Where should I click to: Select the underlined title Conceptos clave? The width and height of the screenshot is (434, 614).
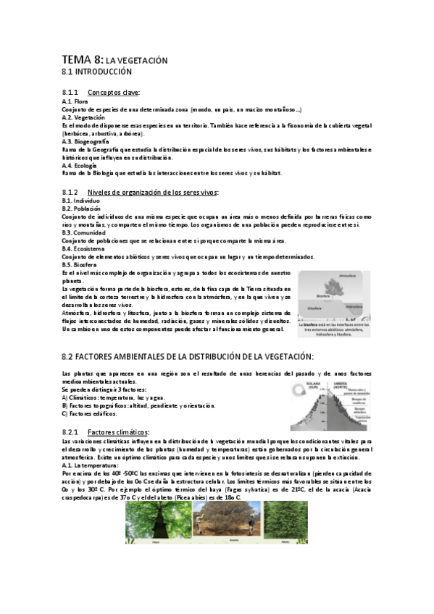(114, 93)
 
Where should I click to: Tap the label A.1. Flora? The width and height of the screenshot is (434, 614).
(75, 101)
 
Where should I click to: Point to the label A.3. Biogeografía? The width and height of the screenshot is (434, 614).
(85, 142)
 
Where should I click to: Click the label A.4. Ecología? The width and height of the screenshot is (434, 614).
(79, 166)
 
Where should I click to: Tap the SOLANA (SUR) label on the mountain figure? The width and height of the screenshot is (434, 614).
(312, 385)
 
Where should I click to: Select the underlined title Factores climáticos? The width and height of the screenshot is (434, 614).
(117, 432)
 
